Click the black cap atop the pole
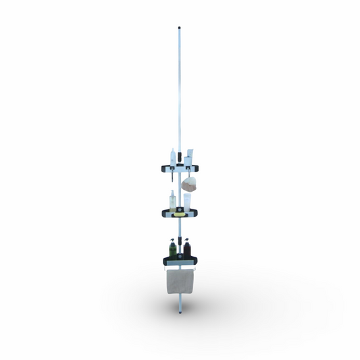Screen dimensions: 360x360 179,28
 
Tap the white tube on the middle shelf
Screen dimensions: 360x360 187,202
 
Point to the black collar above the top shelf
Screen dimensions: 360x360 180,156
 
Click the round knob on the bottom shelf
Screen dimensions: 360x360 180,257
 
